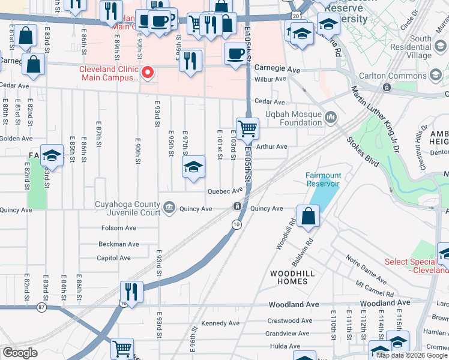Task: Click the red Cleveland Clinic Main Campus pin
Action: pyautogui.click(x=148, y=74)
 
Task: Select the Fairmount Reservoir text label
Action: pyautogui.click(x=323, y=179)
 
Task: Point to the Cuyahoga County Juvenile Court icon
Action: pyautogui.click(x=170, y=208)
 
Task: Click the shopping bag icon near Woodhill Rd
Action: pyautogui.click(x=308, y=217)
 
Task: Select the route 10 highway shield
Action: pyautogui.click(x=237, y=224)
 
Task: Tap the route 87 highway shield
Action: pyautogui.click(x=41, y=307)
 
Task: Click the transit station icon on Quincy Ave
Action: pyautogui.click(x=238, y=207)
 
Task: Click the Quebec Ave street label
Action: pyautogui.click(x=224, y=191)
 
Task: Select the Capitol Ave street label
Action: pyautogui.click(x=113, y=258)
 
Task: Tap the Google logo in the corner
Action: pyautogui.click(x=20, y=353)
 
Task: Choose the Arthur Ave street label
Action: pyautogui.click(x=272, y=146)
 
